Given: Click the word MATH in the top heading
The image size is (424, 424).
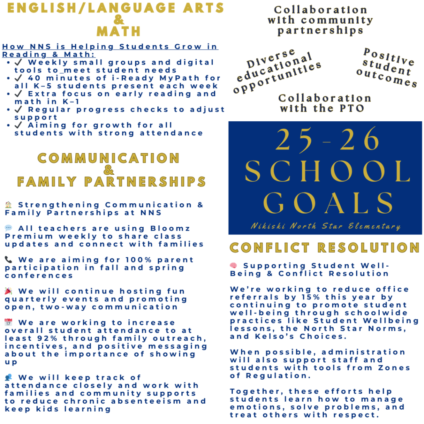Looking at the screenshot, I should click(x=118, y=31).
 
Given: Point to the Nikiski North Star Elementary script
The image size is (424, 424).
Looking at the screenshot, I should click(x=325, y=226).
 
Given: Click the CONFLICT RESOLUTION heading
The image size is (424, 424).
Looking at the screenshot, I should click(x=325, y=248).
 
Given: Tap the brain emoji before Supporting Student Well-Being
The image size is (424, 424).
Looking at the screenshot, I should click(x=234, y=265).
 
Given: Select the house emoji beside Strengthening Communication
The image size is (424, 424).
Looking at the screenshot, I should click(x=9, y=205).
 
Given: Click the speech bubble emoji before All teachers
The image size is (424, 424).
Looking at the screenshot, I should click(x=9, y=228).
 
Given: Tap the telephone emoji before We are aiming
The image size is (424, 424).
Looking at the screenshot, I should click(x=9, y=260).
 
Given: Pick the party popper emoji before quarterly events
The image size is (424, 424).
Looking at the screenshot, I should click(x=9, y=291).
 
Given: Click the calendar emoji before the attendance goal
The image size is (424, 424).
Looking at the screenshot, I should click(x=9, y=323).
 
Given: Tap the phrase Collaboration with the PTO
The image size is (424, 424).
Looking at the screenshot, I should click(x=325, y=103).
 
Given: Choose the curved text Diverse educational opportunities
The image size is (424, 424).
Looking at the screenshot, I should click(x=277, y=71).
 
